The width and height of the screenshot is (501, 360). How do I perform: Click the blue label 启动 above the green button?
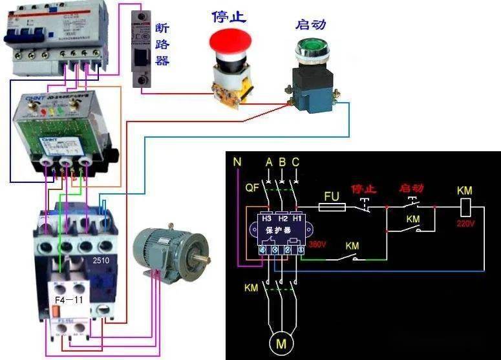click(310, 25)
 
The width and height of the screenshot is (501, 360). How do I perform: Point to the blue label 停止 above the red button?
click(229, 17)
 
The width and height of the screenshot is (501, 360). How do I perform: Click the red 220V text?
click(465, 224)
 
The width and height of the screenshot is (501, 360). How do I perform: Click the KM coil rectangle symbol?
click(464, 207)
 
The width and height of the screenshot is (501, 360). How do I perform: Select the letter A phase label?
click(269, 161)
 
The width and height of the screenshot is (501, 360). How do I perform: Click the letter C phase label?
click(295, 161)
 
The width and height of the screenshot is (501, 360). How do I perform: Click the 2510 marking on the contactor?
click(100, 261)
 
